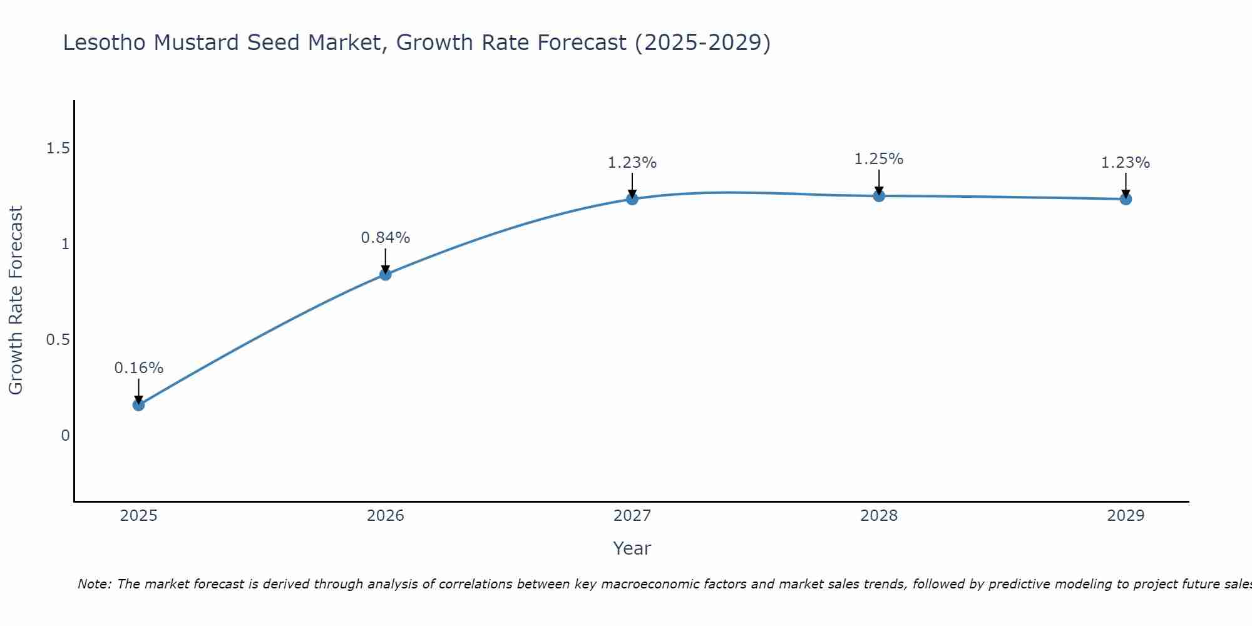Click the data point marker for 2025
point(138,405)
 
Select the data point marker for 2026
point(386,274)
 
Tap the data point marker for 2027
point(632,199)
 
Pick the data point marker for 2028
point(879,196)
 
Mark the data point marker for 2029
point(1126,199)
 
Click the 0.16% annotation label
point(138,368)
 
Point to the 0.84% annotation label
point(386,238)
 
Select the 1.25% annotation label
point(879,159)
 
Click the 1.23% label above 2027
point(632,163)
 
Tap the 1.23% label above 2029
point(1126,163)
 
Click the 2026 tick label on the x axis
point(386,516)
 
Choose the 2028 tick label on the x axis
point(879,516)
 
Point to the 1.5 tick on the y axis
point(58,148)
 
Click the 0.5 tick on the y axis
point(58,340)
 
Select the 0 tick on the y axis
point(65,436)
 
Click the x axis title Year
point(632,548)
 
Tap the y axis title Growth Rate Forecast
point(16,300)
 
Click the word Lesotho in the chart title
point(105,43)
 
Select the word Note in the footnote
point(94,584)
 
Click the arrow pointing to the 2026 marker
point(386,260)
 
